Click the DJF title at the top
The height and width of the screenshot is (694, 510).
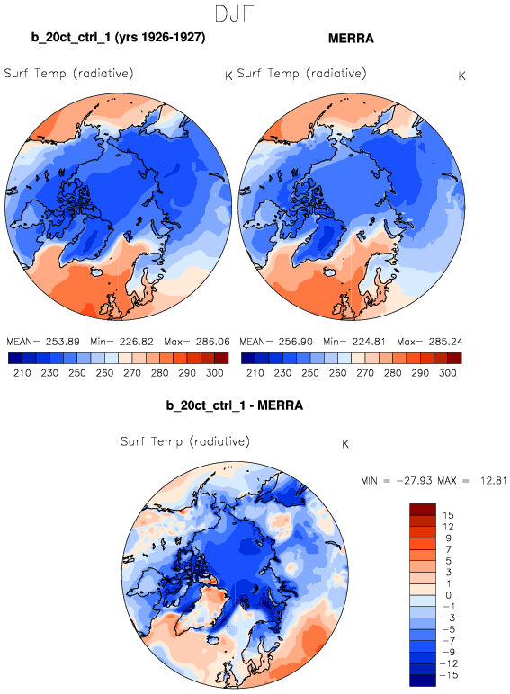click(x=234, y=13)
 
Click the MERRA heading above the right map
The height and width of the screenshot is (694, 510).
click(x=351, y=39)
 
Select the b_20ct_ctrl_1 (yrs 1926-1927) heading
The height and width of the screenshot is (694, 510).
click(x=118, y=37)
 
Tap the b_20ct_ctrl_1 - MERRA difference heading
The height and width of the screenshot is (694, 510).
click(x=235, y=405)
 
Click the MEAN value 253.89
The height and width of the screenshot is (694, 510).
click(x=62, y=342)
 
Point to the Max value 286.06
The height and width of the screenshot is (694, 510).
click(x=212, y=342)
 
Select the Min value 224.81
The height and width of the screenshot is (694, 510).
click(x=369, y=342)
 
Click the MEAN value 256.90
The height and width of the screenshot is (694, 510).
click(x=295, y=342)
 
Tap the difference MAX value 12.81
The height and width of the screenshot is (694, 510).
click(x=493, y=481)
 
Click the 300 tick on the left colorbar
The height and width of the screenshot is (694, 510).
click(x=215, y=373)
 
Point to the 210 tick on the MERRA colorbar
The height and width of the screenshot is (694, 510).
click(x=255, y=373)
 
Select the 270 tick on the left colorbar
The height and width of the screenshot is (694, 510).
click(x=132, y=373)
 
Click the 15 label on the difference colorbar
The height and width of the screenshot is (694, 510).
click(x=448, y=515)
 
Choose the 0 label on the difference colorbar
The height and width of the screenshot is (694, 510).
click(x=448, y=595)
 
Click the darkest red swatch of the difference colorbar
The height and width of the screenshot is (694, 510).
click(x=423, y=509)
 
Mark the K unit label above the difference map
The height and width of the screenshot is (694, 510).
click(x=345, y=444)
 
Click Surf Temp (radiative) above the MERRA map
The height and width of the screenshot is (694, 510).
click(x=302, y=73)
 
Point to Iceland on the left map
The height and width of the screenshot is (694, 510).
click(x=97, y=271)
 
